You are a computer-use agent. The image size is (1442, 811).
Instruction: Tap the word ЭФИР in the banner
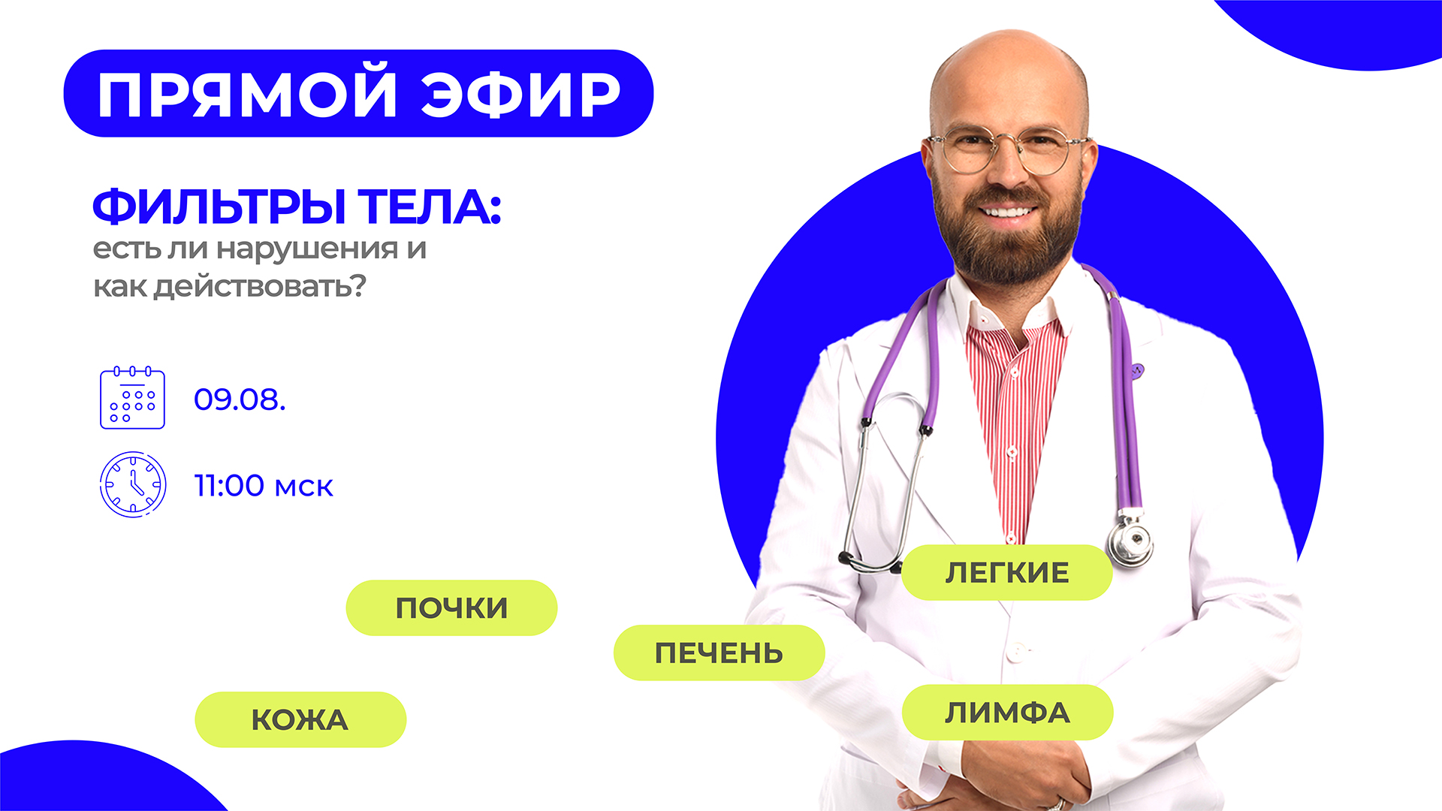tap(521, 95)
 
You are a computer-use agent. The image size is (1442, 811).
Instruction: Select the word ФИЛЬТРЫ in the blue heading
tap(219, 207)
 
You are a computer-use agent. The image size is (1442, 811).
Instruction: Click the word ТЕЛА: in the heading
tap(429, 207)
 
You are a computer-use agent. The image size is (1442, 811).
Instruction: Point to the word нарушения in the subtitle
tap(306, 249)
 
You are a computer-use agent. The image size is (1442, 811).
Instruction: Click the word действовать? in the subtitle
tap(260, 287)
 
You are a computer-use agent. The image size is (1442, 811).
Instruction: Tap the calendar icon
tap(132, 397)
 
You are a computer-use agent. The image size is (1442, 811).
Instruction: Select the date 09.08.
tap(240, 399)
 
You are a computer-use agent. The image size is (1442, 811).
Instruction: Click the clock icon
tap(133, 484)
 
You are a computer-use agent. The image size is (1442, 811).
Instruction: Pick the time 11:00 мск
tap(264, 486)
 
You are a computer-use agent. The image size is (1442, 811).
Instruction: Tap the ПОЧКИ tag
tap(451, 607)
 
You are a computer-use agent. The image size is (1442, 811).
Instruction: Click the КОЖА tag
tap(300, 719)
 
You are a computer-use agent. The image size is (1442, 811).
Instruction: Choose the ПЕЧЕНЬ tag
tap(719, 653)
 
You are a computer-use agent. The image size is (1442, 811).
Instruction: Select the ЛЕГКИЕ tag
tap(1006, 572)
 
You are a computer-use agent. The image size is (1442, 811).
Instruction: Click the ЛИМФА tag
tap(1007, 712)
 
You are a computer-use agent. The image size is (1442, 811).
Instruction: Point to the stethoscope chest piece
tap(1130, 541)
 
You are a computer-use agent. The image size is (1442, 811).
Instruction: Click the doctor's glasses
tap(1008, 149)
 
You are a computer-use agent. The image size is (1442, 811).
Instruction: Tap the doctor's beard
tap(1009, 233)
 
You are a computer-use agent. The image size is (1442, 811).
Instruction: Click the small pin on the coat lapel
tap(1137, 370)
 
